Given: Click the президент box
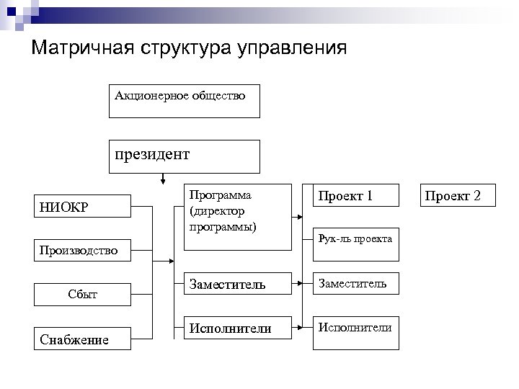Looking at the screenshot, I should coord(184,156).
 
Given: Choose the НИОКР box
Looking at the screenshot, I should coord(84,206).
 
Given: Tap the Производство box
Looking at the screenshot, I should coord(84,251).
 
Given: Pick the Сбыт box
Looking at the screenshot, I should coord(84,294).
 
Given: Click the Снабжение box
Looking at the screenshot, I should coord(84,339).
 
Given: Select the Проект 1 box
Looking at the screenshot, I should coord(356,195).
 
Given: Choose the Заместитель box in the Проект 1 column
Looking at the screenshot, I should coord(356,284).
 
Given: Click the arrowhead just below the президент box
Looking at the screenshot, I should coord(165,179).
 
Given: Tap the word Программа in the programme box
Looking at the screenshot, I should coord(221,196).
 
